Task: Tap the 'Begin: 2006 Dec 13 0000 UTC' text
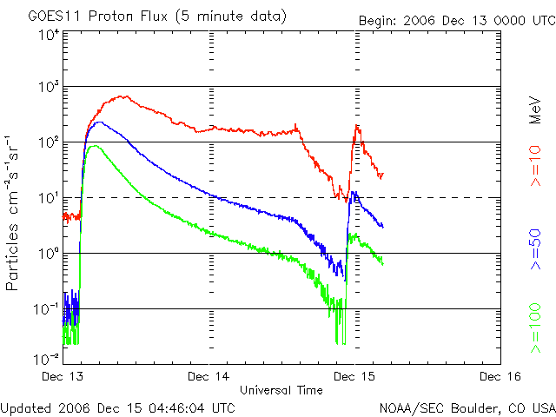click(x=457, y=20)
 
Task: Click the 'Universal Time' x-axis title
click(x=281, y=390)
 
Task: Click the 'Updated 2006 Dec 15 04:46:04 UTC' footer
click(x=117, y=406)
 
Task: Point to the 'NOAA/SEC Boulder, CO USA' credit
click(x=467, y=407)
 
